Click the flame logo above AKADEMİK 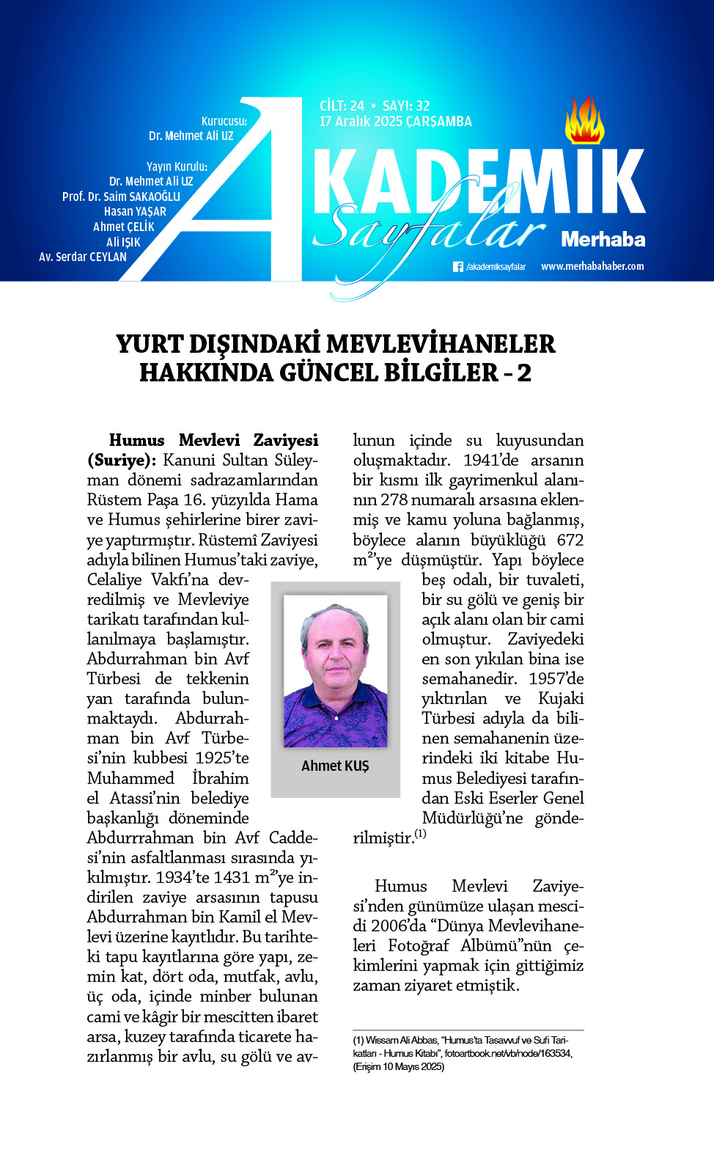point(584,121)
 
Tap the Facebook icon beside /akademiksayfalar point(458,267)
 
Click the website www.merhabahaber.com point(592,266)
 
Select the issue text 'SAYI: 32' point(406,106)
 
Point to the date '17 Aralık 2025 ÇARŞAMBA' point(395,122)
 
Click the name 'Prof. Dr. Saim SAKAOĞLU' point(121,197)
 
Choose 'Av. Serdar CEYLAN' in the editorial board point(83,257)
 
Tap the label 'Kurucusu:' point(224,121)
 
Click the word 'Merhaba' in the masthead point(603,239)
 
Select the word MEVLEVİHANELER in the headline point(440,344)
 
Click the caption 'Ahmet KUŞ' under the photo point(335,766)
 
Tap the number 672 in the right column point(570,540)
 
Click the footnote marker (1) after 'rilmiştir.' point(420,834)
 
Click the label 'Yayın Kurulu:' point(177,166)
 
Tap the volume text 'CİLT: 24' point(342,106)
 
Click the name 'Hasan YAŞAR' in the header point(135,211)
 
